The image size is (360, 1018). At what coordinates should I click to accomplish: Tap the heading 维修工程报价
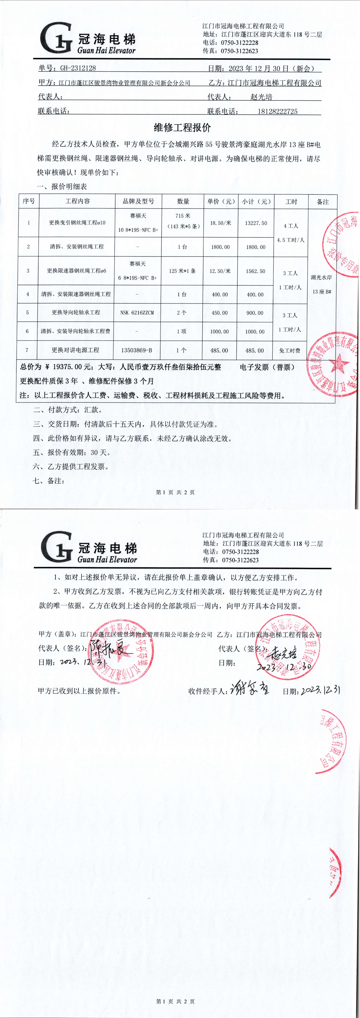[182, 128]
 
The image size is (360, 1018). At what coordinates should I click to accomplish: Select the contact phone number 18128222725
[277, 111]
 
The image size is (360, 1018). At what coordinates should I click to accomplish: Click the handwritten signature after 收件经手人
[250, 690]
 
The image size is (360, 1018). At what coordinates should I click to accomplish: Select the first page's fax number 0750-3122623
[240, 51]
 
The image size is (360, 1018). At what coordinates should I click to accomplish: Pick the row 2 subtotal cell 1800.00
[256, 247]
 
